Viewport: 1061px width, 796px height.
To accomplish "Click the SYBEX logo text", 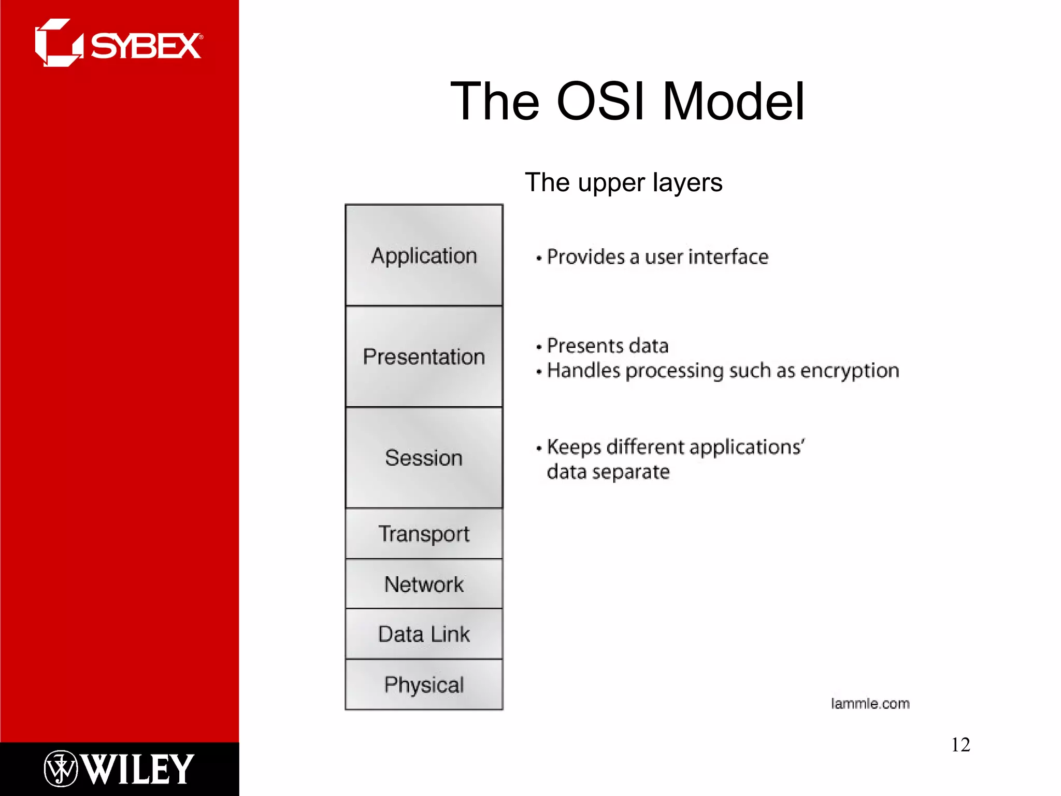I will point(146,46).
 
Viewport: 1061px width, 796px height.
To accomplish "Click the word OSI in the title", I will point(600,102).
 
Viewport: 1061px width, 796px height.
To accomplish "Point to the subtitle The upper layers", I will point(623,182).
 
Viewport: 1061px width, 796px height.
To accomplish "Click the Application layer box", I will point(424,255).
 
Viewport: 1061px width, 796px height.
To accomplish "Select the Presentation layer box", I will point(424,357).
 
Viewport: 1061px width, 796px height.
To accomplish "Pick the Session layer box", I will point(424,458).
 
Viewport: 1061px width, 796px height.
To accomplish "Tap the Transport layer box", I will point(424,534).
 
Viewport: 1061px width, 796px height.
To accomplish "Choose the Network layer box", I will point(424,584).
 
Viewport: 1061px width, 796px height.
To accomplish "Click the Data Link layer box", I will point(424,634).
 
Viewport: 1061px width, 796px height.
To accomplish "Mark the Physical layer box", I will point(424,685).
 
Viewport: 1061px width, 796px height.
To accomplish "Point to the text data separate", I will point(608,472).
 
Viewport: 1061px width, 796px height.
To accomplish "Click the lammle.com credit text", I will point(870,704).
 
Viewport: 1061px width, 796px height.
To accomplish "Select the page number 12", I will point(960,745).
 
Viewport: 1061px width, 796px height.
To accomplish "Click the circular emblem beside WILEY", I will point(61,769).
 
